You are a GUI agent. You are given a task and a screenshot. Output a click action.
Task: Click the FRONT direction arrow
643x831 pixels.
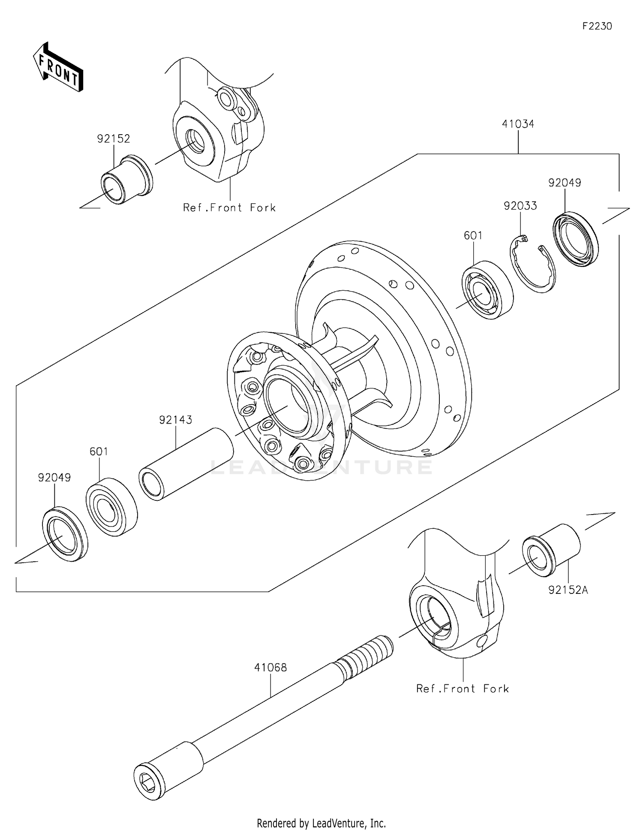(x=58, y=67)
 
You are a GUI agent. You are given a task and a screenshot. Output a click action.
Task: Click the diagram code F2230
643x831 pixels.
(x=597, y=27)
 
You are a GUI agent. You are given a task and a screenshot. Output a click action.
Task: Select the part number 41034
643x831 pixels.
(x=518, y=124)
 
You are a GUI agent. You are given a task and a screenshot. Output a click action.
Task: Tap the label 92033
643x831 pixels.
(x=520, y=206)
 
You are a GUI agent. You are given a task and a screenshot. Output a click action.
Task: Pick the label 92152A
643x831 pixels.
(x=568, y=590)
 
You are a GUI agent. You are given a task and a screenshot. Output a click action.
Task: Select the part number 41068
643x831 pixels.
(x=270, y=668)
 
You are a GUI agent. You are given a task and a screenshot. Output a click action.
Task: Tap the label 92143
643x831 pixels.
(x=175, y=420)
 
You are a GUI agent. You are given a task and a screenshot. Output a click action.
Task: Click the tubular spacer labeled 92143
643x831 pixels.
(x=186, y=463)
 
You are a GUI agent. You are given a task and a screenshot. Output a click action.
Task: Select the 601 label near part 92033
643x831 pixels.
(x=473, y=235)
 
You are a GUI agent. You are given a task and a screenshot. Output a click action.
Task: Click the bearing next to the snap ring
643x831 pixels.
(x=487, y=289)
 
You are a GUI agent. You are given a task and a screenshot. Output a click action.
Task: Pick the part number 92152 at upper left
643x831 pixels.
(x=113, y=139)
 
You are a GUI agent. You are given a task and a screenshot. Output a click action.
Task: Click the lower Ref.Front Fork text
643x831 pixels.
(x=462, y=689)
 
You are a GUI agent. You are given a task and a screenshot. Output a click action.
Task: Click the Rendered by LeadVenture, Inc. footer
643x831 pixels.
(x=321, y=823)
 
